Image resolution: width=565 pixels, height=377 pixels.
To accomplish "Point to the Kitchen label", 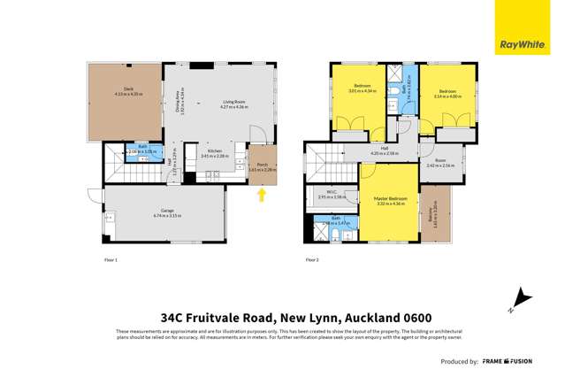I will point(215,153).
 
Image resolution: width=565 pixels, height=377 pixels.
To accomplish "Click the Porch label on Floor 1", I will point(262,165).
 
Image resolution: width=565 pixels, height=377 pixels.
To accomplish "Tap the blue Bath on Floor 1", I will point(144,151).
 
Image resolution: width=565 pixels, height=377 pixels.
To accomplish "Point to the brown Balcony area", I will point(434,212).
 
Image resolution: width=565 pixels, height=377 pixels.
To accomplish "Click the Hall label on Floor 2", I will point(385,150).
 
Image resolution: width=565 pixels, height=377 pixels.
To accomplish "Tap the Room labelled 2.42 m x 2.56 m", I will point(440,163).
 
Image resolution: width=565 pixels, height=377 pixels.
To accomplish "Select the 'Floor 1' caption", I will point(111,260).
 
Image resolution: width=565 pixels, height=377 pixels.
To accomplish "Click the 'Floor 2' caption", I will point(311,260).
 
